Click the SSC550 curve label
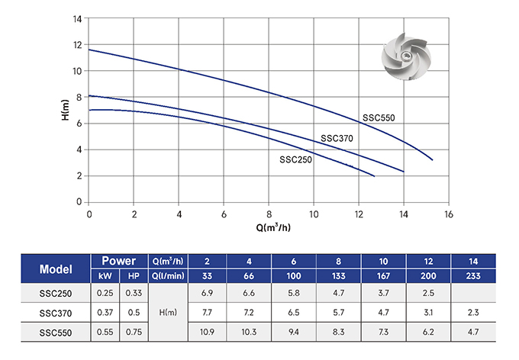point(378,117)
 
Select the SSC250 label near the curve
point(295,159)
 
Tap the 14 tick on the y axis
point(78,18)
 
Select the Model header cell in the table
point(56,268)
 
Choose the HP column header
point(134,275)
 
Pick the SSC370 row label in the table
point(56,312)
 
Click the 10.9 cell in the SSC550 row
point(207,332)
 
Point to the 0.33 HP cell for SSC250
point(134,294)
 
